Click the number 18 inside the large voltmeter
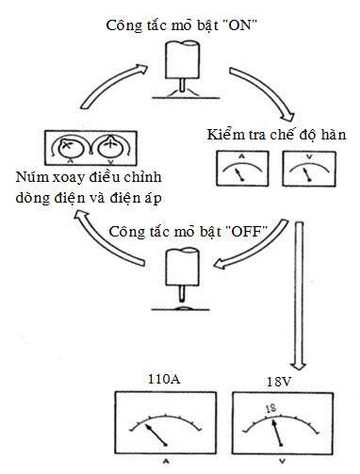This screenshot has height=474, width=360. (x=270, y=409)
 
